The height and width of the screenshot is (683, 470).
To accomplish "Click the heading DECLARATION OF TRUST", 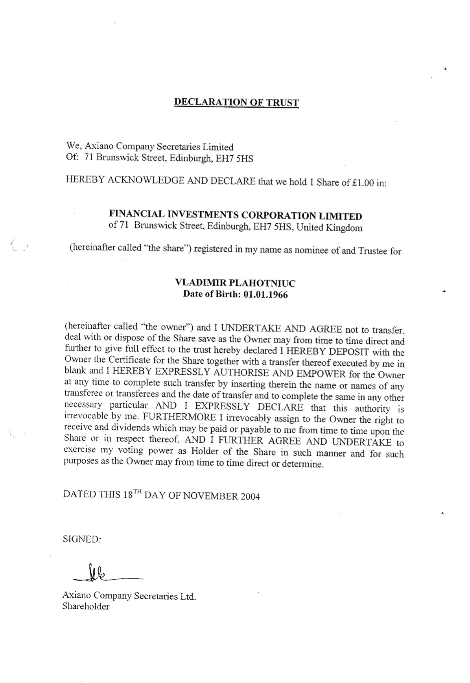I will pyautogui.click(x=236, y=103).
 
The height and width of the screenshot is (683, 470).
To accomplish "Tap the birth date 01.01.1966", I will pyautogui.click(x=265, y=295).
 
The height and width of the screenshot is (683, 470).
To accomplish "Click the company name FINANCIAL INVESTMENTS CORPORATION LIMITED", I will pyautogui.click(x=235, y=215).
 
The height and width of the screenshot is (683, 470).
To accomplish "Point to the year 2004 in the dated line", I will pyautogui.click(x=250, y=496).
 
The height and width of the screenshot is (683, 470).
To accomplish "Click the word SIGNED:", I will pyautogui.click(x=82, y=539).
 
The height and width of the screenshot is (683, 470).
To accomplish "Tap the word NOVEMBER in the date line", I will pyautogui.click(x=210, y=495).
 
